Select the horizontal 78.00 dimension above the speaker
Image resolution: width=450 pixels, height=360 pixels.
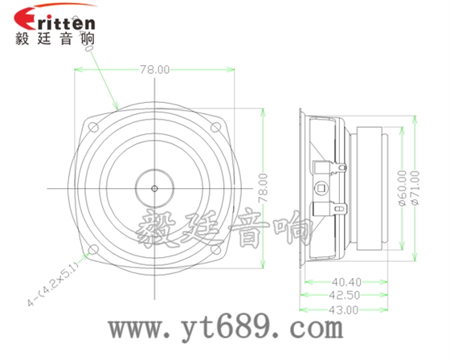point(154,70)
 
